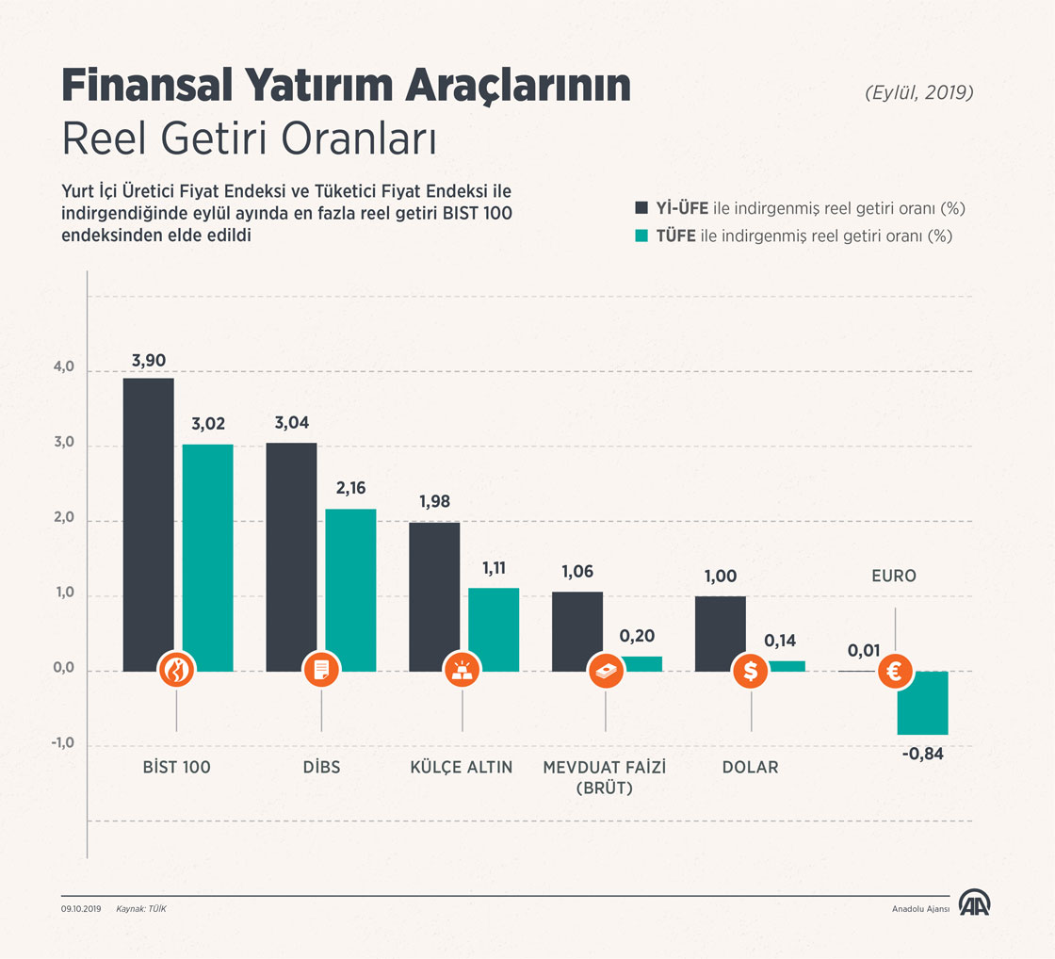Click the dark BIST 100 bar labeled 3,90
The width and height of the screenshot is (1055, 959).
[148, 518]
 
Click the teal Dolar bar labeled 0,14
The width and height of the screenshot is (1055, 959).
[787, 666]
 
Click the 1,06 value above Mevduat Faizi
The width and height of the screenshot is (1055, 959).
[577, 572]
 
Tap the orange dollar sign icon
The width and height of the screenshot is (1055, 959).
[751, 671]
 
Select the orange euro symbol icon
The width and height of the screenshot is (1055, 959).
[894, 672]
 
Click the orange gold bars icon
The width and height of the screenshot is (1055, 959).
[462, 671]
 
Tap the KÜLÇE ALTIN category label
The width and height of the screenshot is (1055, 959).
[462, 767]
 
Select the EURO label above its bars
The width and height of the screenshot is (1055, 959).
[894, 576]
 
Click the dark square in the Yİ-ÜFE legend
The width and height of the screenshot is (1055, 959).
[641, 208]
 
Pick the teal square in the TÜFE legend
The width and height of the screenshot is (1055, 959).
[641, 236]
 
